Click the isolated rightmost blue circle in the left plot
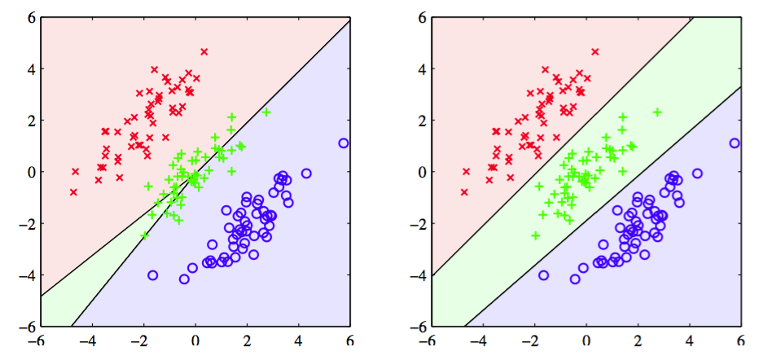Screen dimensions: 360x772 (x=344, y=143)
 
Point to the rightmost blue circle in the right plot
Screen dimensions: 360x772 (x=735, y=143)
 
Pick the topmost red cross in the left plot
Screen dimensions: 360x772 (x=204, y=51)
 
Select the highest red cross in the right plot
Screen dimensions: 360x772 (x=594, y=51)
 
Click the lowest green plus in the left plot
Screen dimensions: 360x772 (x=145, y=235)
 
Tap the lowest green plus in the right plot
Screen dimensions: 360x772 (x=536, y=235)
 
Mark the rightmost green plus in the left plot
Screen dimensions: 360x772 (x=266, y=112)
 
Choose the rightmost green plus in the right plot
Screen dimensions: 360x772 (x=657, y=112)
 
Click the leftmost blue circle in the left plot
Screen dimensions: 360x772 (x=152, y=275)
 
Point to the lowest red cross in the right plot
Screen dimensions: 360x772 (x=464, y=192)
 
